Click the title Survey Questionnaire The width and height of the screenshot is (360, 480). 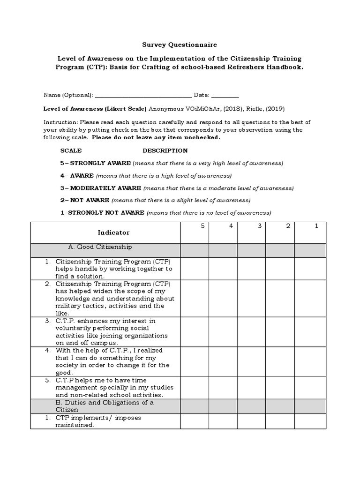pos(180,45)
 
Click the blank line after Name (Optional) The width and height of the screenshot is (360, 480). pos(143,95)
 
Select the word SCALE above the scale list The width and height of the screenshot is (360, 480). pos(71,150)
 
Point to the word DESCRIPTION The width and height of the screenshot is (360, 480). pos(165,150)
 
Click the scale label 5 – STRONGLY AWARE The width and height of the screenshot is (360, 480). pos(96,163)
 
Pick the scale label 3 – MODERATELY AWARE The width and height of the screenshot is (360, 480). pos(101,188)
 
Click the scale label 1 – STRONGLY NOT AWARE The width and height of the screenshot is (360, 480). pos(102,213)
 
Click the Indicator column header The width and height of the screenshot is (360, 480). pos(113,232)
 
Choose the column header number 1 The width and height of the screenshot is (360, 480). pos(316,226)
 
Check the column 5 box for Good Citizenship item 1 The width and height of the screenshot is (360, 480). pos(195,269)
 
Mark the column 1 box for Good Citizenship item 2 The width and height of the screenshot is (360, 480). pos(309,299)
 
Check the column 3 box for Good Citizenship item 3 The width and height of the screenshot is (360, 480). pos(252,332)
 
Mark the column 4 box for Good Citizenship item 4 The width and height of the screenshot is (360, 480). pos(223,361)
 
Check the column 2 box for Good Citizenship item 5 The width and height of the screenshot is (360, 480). pos(280,387)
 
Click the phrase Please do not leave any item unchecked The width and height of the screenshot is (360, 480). pos(156,138)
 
